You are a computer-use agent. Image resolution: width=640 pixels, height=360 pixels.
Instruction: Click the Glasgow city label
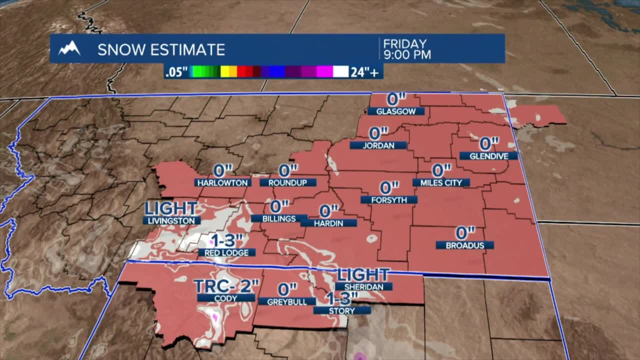click(x=396, y=111)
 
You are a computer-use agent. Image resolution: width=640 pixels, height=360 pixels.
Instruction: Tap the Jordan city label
click(x=378, y=145)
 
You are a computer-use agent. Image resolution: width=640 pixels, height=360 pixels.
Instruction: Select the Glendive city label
click(x=488, y=156)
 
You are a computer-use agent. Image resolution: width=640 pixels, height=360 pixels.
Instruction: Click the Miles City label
click(x=441, y=183)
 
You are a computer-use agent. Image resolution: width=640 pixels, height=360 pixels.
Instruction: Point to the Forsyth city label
click(x=388, y=200)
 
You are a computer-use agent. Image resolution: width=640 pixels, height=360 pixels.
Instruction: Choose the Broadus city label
click(x=464, y=245)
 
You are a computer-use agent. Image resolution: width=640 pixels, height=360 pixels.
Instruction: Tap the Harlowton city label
click(x=222, y=183)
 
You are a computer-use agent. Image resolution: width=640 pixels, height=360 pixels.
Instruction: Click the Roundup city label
click(x=288, y=183)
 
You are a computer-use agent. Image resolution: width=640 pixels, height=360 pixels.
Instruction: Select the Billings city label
click(x=279, y=218)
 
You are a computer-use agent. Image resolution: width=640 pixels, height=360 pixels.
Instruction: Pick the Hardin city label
click(x=328, y=223)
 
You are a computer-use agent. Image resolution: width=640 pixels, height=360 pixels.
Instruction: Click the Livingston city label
click(x=171, y=220)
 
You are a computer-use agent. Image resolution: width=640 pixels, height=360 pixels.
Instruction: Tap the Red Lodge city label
click(x=226, y=253)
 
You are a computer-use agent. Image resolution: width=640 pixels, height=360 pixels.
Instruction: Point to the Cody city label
click(x=226, y=297)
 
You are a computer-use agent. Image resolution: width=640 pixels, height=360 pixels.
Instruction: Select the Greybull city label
click(x=286, y=301)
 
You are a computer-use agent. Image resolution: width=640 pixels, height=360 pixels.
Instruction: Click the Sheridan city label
click(x=363, y=286)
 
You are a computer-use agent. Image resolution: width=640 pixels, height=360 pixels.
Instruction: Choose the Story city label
click(x=342, y=310)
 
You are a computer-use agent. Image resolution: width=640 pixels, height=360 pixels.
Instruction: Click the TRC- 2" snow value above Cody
click(x=226, y=286)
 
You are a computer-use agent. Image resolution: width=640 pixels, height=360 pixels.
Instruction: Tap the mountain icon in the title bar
click(x=69, y=48)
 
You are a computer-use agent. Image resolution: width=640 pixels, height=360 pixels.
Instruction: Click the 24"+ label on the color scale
click(x=366, y=72)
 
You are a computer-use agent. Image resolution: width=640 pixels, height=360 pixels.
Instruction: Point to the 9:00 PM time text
click(x=407, y=54)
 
